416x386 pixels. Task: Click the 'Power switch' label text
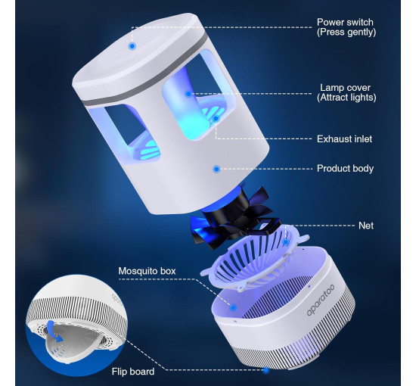[x=345, y=22]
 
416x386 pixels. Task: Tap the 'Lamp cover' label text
[x=345, y=88]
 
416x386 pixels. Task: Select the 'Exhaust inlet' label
[x=344, y=139]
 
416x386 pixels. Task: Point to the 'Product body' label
[x=345, y=168]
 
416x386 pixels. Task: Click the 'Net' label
[x=366, y=226]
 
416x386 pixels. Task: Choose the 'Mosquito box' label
[x=147, y=271]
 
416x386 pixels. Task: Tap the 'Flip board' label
[x=133, y=372]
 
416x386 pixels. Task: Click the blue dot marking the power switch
[x=132, y=46]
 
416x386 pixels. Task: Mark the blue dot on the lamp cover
[x=188, y=94]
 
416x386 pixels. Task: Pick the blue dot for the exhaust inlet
[x=216, y=118]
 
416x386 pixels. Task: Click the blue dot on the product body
[x=216, y=169]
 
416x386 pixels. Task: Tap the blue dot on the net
[x=286, y=242]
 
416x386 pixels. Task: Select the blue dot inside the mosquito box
[x=233, y=308]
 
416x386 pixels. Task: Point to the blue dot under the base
[x=266, y=370]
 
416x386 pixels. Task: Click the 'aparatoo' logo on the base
[x=321, y=300]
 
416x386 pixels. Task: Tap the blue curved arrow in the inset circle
[x=57, y=332]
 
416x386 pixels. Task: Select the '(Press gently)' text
[x=346, y=32]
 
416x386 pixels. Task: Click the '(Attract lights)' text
[x=346, y=98]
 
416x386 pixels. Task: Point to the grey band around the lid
[x=144, y=70]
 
